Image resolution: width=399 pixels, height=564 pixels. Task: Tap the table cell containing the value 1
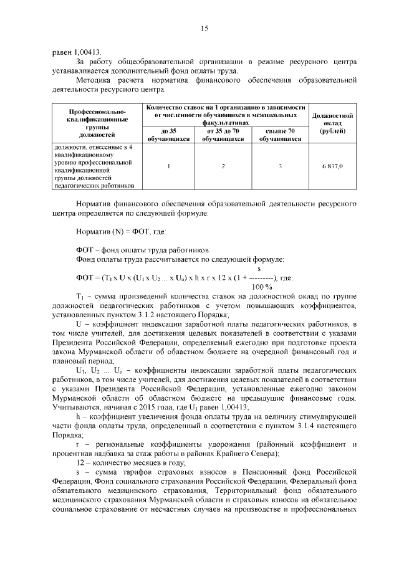[169, 166]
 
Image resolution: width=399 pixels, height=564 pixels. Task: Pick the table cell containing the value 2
[223, 166]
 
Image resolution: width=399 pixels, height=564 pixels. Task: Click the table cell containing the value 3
[280, 166]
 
